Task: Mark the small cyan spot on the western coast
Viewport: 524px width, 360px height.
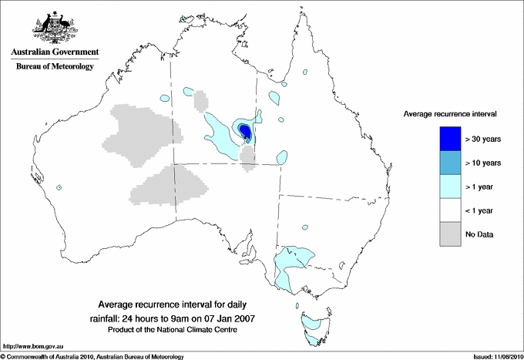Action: (59, 187)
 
